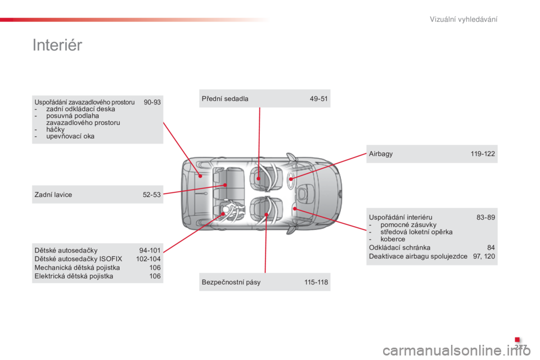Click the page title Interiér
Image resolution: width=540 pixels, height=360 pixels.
coord(57,45)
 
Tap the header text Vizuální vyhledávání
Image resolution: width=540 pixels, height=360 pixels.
coord(463,19)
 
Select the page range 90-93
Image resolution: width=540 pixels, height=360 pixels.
coord(152,102)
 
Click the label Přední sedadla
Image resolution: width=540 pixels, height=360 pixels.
coord(225,99)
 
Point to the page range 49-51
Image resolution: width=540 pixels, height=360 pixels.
coord(318,99)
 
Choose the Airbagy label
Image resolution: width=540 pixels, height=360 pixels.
coord(381,154)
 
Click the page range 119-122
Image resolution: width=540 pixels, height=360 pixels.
coord(483,154)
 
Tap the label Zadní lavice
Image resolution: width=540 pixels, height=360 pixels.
coord(53,195)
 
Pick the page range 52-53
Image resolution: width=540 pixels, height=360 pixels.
coord(152,195)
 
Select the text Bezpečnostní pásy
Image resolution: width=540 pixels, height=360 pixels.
coord(231,282)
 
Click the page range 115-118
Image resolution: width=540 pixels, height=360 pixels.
coord(316,282)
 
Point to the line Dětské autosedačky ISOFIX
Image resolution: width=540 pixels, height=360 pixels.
coord(78,259)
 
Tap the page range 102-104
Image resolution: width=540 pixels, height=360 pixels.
coord(148,259)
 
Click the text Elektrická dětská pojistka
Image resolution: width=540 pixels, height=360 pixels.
coord(74,276)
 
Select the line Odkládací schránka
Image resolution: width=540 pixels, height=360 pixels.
coord(399,247)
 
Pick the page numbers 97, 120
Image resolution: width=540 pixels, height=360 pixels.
coord(484,256)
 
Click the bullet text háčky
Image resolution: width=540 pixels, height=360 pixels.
coord(56,129)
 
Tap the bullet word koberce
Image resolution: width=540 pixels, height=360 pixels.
coord(393,239)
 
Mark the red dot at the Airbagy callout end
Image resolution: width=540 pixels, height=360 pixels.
coord(291,179)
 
